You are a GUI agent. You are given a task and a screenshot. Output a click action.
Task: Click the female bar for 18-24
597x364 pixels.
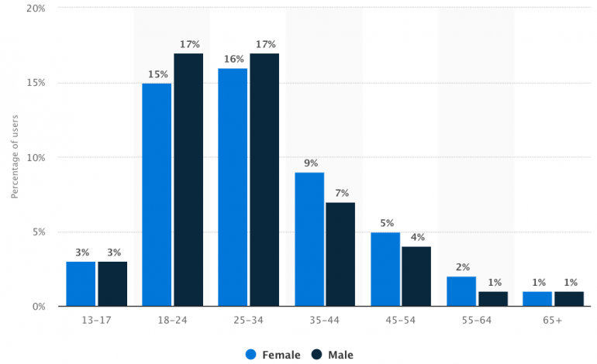(157, 194)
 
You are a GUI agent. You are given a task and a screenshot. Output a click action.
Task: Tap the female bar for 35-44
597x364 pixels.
(309, 239)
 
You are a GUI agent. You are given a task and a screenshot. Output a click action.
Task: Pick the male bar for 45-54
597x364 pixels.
(416, 276)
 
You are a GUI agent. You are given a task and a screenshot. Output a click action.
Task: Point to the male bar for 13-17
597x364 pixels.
(112, 284)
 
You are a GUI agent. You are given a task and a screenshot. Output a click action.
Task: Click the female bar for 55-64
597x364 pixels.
(461, 291)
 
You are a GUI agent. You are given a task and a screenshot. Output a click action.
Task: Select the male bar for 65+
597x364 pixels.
(568, 299)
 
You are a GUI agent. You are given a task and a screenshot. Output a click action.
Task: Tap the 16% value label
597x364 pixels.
(233, 60)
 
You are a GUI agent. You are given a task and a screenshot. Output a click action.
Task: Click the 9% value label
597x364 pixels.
(309, 163)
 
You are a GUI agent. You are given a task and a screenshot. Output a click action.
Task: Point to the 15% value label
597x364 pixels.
(157, 74)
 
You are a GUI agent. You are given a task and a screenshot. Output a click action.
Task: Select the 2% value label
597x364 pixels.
(461, 267)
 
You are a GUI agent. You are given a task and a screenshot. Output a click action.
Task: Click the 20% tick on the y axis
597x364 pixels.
(34, 9)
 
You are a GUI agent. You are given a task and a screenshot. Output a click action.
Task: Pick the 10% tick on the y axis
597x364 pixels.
(34, 158)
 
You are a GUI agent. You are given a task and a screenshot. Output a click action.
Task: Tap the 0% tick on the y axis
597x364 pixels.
(37, 307)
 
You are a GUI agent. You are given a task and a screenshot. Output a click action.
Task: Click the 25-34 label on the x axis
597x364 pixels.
(248, 320)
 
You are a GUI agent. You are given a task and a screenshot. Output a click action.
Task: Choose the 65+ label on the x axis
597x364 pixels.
(553, 320)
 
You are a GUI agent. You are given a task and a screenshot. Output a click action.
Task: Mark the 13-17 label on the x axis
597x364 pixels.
(96, 320)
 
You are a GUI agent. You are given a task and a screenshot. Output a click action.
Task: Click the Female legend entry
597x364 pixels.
(274, 354)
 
